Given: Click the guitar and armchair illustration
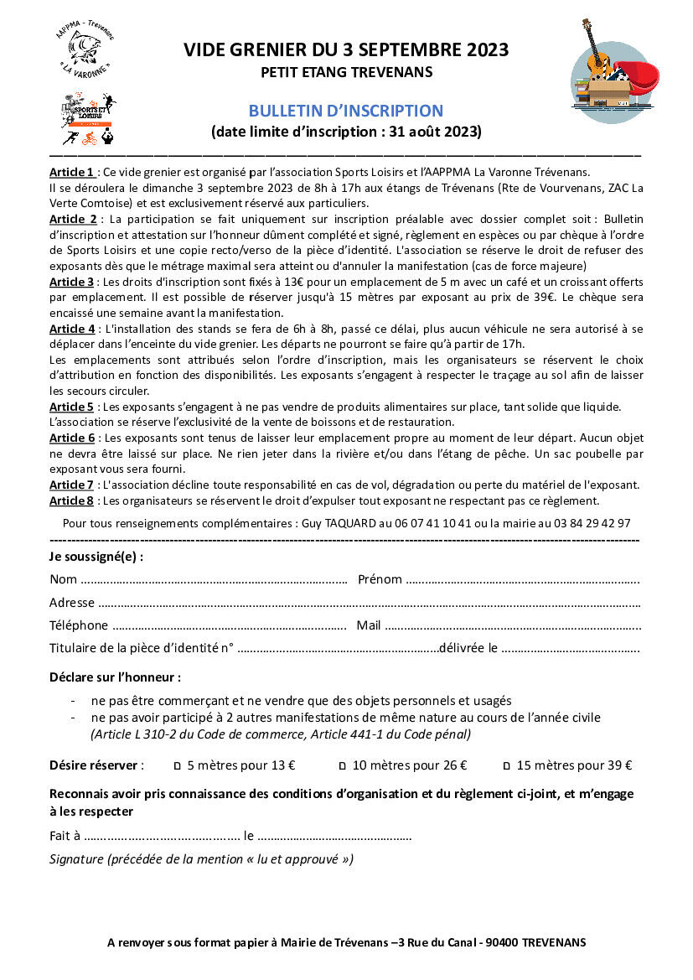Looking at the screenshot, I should pyautogui.click(x=611, y=71).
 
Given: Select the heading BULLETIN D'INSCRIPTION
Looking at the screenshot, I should pyautogui.click(x=345, y=111).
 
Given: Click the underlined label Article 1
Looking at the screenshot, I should pyautogui.click(x=72, y=172).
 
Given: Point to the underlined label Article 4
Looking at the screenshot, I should pyautogui.click(x=72, y=329).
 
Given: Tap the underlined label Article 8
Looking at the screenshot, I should pyautogui.click(x=72, y=500).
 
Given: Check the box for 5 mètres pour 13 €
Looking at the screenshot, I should pyautogui.click(x=177, y=765).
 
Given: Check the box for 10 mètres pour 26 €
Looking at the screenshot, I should pyautogui.click(x=342, y=765).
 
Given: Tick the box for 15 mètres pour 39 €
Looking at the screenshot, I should pyautogui.click(x=506, y=765).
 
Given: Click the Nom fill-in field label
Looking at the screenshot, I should pyautogui.click(x=63, y=579).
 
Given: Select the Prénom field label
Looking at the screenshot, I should pyautogui.click(x=380, y=579).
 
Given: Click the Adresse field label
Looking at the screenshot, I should pyautogui.click(x=71, y=602).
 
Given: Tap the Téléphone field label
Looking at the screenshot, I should pyautogui.click(x=79, y=625).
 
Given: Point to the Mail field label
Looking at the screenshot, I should pyautogui.click(x=369, y=625).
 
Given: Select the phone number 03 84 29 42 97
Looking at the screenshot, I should pyautogui.click(x=592, y=523).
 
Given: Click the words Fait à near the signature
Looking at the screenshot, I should pyautogui.click(x=65, y=836).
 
